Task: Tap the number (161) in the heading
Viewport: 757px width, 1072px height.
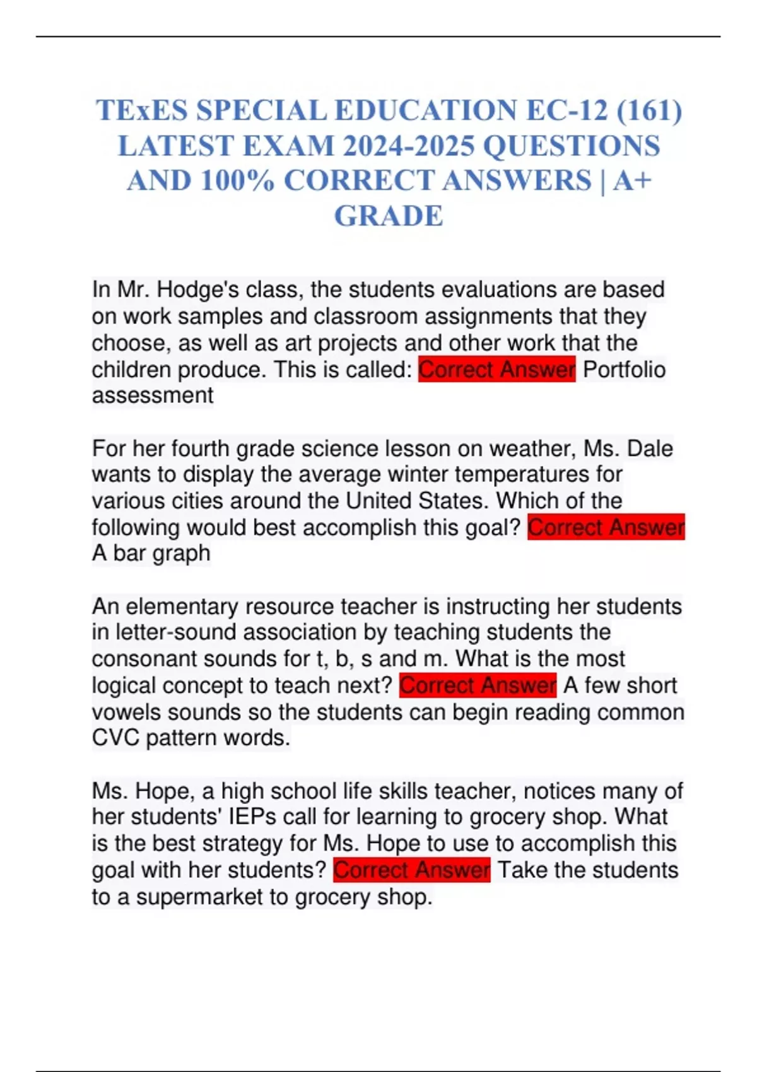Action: coord(649,110)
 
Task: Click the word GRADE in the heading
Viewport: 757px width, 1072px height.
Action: coord(389,216)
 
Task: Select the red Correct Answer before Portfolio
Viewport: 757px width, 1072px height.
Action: coord(497,370)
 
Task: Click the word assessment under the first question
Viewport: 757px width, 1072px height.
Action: coord(153,395)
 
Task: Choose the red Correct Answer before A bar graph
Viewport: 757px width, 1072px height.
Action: coord(606,527)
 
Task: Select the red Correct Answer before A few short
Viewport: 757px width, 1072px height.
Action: coord(478,685)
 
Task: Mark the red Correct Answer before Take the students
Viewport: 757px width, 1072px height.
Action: coord(412,870)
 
